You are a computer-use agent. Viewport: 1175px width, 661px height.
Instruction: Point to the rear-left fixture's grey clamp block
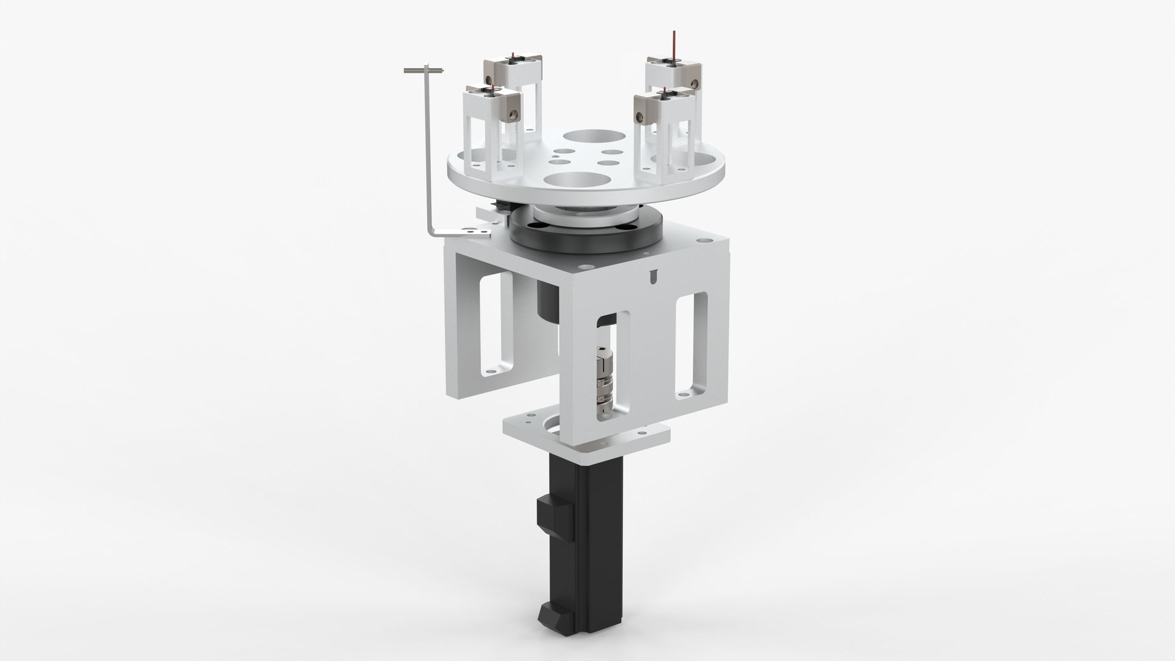coord(491,74)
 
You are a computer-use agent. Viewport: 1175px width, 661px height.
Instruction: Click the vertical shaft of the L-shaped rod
coord(427,153)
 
